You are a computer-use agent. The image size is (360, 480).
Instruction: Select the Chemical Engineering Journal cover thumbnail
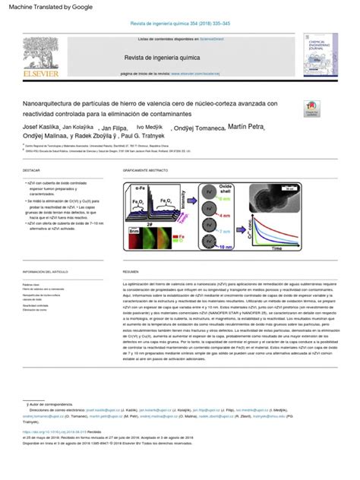point(321,56)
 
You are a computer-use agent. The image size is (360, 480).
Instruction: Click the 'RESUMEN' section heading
point(131,271)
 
